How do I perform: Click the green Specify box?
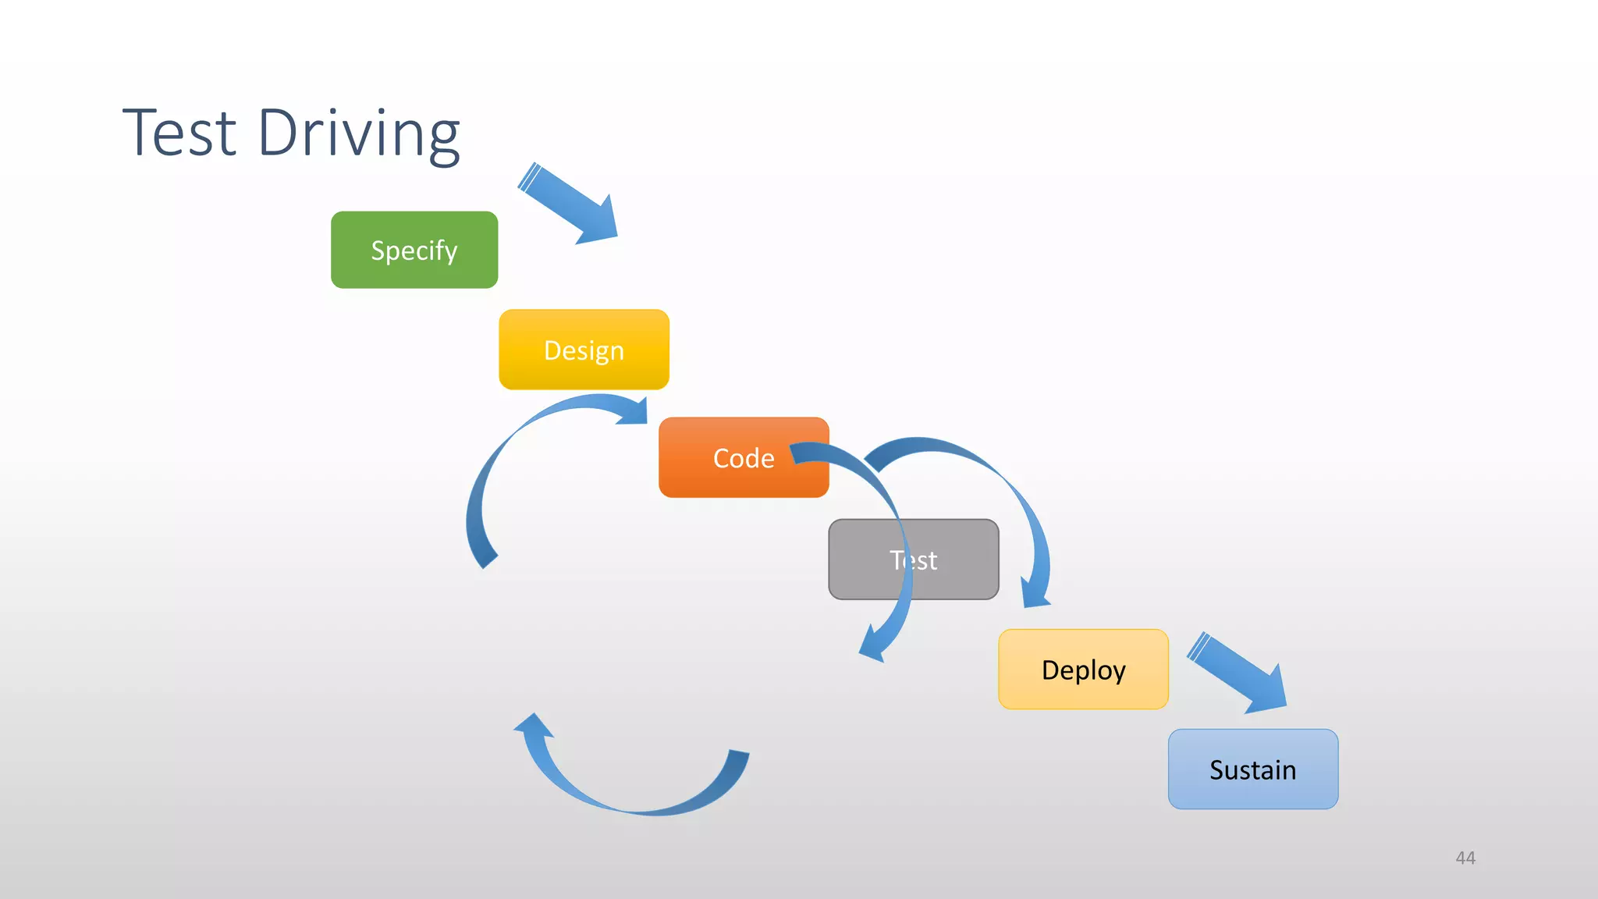pyautogui.click(x=414, y=250)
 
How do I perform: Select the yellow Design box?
pyautogui.click(x=584, y=350)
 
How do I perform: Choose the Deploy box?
pyautogui.click(x=1083, y=670)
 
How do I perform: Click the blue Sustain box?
pyautogui.click(x=1252, y=769)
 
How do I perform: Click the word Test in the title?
pyautogui.click(x=179, y=133)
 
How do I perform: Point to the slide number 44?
pyautogui.click(x=1465, y=858)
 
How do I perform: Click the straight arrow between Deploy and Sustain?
pyautogui.click(x=1237, y=673)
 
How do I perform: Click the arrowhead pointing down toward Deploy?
pyautogui.click(x=1036, y=593)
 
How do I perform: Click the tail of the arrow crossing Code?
pyautogui.click(x=804, y=453)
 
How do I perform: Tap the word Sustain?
pyautogui.click(x=1252, y=769)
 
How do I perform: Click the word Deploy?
pyautogui.click(x=1083, y=670)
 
